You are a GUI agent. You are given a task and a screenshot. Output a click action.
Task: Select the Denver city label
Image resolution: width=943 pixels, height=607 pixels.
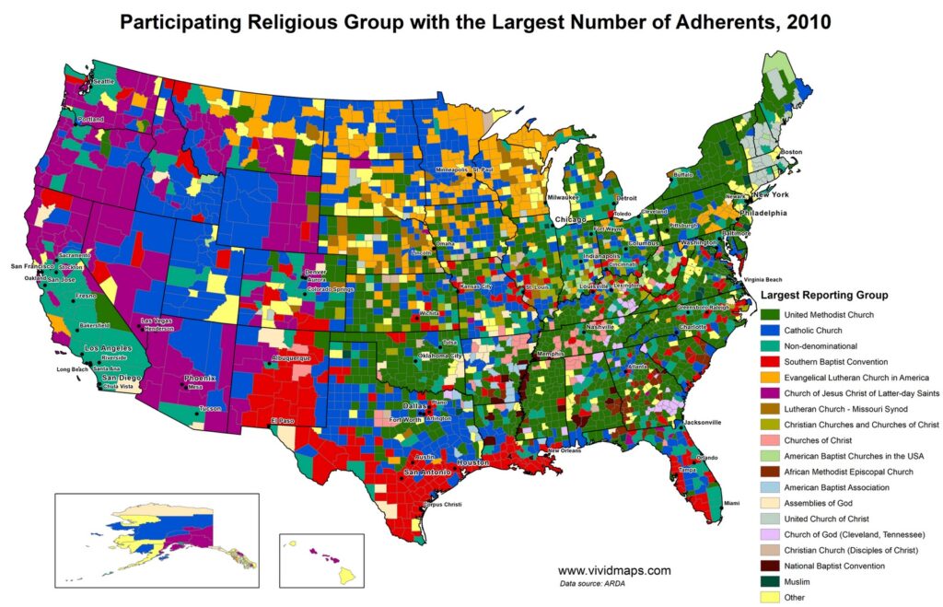click(x=316, y=273)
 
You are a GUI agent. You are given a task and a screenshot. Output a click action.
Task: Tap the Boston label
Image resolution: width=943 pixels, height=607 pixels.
click(x=791, y=151)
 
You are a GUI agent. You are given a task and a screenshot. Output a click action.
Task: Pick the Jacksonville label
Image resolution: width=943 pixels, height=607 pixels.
click(x=703, y=422)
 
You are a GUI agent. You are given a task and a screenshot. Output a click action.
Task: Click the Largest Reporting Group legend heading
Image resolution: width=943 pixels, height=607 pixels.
click(x=824, y=296)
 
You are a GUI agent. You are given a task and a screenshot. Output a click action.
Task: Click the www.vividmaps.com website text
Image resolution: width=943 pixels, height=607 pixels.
click(x=614, y=570)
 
